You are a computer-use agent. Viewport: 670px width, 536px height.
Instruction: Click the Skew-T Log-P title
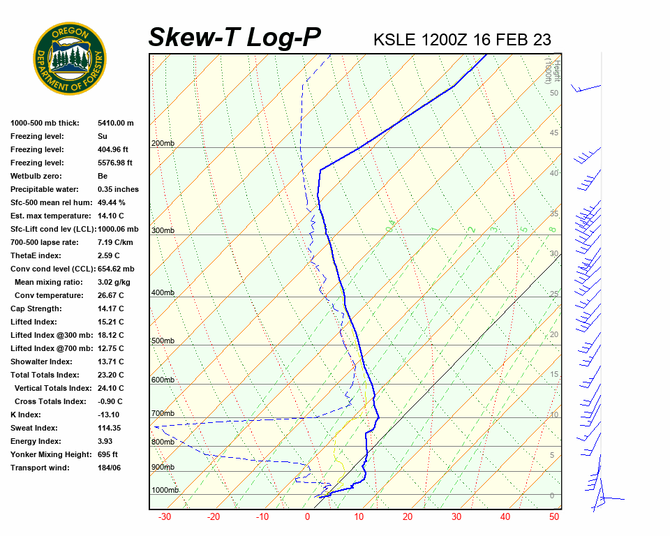(x=234, y=38)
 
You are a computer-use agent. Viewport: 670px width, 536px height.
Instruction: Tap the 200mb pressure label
(x=163, y=144)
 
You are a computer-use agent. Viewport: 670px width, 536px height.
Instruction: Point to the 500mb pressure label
(x=163, y=341)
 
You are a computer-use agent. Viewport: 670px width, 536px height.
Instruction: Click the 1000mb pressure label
(x=165, y=491)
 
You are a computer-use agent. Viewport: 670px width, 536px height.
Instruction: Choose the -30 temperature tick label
(x=165, y=517)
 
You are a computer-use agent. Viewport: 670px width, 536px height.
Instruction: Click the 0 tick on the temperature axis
(x=307, y=517)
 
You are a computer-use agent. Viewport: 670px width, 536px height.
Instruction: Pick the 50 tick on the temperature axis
(x=554, y=517)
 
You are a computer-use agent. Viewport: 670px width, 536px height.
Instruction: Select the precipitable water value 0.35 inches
(x=118, y=189)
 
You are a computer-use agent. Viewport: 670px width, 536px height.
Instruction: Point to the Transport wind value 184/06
(x=110, y=468)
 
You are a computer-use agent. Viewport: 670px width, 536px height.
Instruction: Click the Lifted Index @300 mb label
(x=51, y=335)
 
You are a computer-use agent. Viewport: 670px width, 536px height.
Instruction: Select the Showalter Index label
(x=41, y=362)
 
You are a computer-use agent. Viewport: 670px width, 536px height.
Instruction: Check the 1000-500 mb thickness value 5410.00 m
(x=116, y=123)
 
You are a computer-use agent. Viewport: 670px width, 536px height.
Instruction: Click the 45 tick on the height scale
(x=554, y=133)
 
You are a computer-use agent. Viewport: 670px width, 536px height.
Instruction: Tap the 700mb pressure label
(x=163, y=414)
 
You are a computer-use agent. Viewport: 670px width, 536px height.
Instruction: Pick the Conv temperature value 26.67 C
(x=111, y=295)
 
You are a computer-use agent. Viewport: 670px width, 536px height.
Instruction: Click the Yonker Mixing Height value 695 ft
(x=107, y=454)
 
